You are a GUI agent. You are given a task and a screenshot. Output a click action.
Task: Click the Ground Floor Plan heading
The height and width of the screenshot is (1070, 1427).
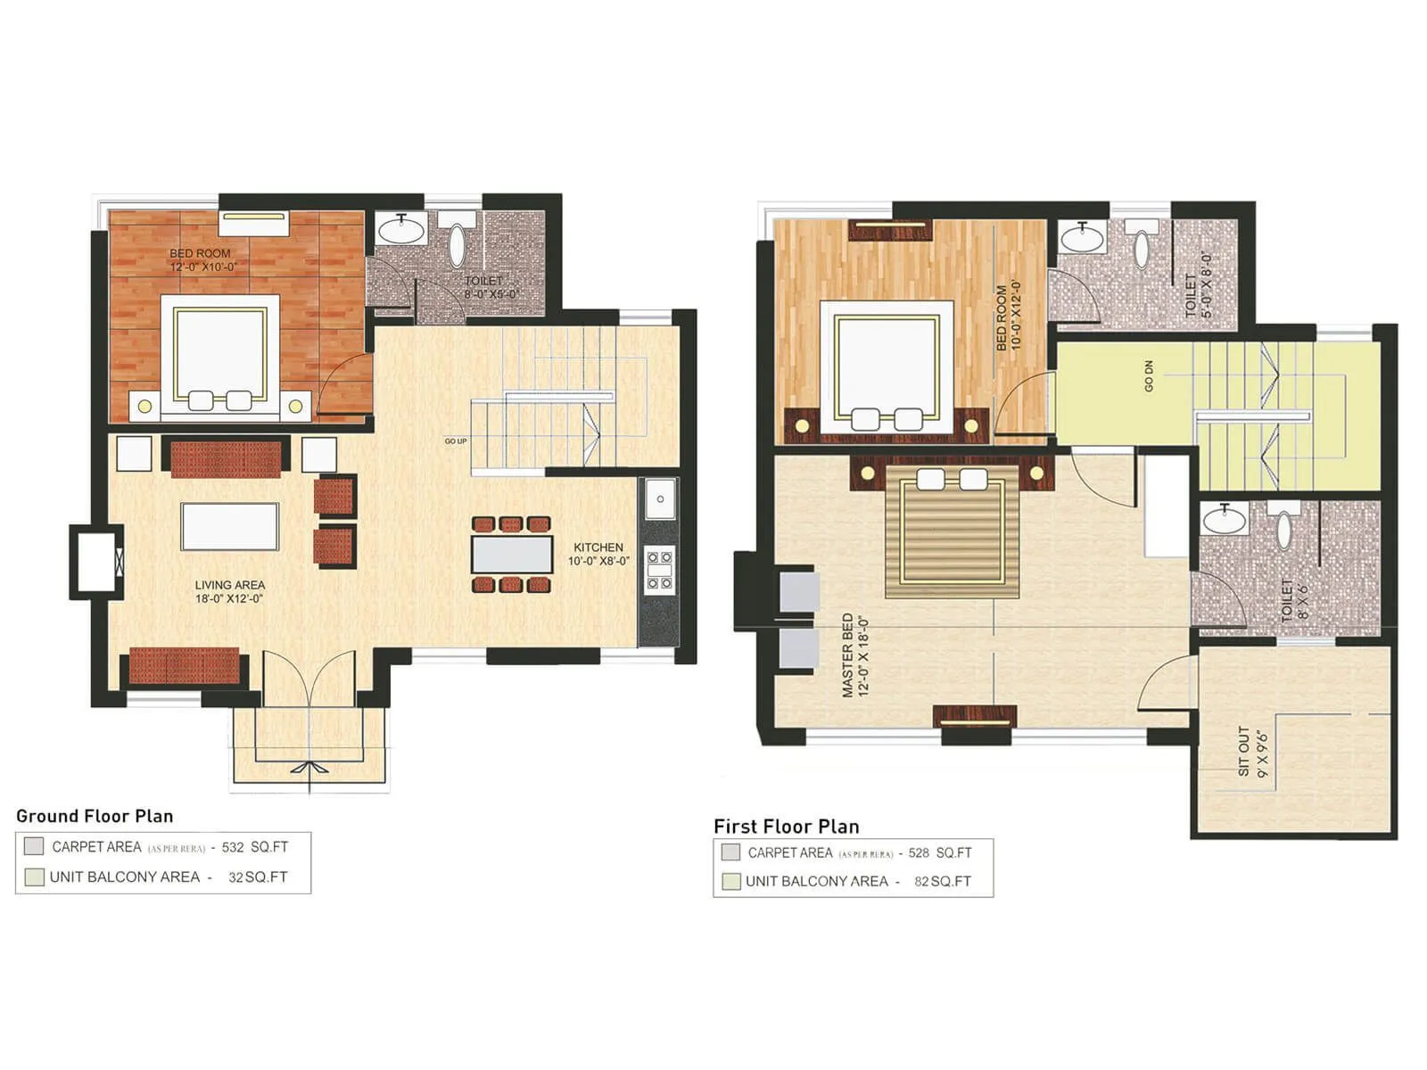(x=95, y=816)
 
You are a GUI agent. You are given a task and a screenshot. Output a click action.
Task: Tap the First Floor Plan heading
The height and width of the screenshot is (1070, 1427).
(x=786, y=827)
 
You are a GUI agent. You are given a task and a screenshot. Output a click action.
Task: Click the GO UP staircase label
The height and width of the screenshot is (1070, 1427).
(x=455, y=441)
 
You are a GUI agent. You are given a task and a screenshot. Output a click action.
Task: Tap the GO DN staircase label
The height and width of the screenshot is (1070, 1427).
(x=1149, y=375)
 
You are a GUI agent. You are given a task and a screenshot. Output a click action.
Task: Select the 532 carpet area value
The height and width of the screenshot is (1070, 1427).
(x=233, y=847)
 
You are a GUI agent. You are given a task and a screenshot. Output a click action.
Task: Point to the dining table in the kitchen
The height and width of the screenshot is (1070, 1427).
(x=512, y=554)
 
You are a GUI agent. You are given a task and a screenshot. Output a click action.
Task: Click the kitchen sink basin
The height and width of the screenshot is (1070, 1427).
(x=660, y=499)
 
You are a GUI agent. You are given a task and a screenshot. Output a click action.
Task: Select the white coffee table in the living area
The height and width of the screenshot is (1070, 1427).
(x=229, y=527)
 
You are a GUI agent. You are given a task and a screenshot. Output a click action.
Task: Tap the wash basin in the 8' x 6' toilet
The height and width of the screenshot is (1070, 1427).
(x=1225, y=518)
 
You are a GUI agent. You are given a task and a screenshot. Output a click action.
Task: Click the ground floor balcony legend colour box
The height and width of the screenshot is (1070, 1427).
(x=34, y=877)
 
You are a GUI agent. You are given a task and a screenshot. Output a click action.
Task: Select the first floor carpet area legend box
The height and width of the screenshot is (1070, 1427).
(x=730, y=852)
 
